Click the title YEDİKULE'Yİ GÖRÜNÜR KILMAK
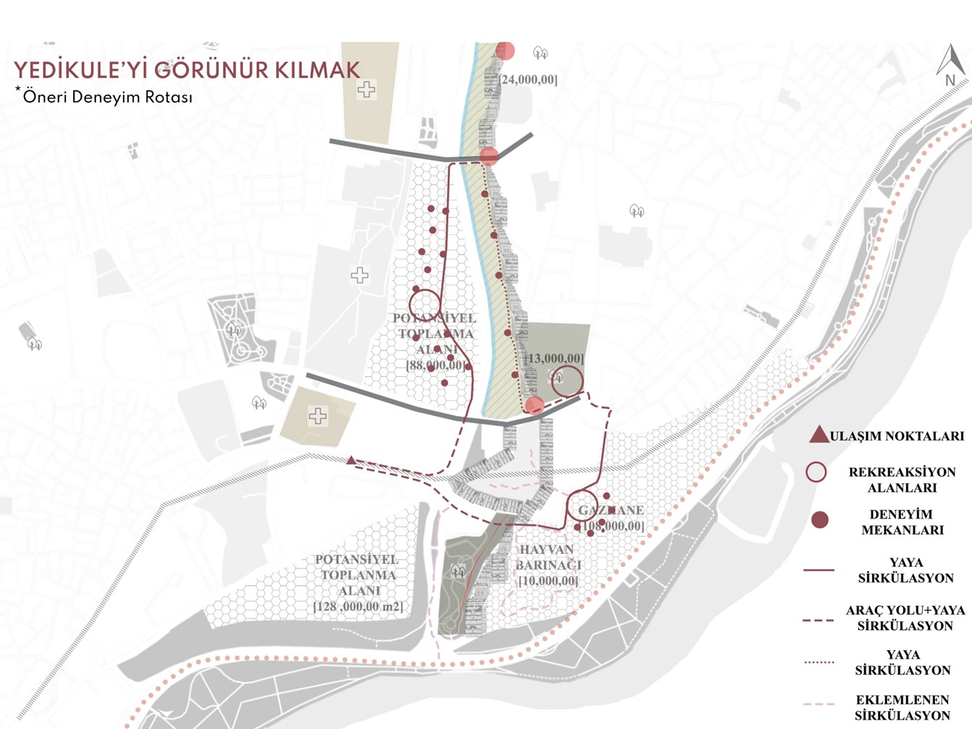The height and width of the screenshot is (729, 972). [x=187, y=70]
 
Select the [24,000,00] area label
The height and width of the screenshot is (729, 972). [x=529, y=80]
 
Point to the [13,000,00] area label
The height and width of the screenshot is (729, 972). [x=554, y=359]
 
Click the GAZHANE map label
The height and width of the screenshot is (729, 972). [x=611, y=510]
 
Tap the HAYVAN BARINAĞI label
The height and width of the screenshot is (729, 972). [x=548, y=557]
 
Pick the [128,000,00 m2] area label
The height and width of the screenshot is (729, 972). [x=359, y=607]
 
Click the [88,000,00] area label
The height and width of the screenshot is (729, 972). [x=435, y=366]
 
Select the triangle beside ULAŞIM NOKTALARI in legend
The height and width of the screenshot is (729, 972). [x=818, y=435]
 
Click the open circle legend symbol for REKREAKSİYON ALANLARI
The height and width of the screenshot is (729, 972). [x=816, y=472]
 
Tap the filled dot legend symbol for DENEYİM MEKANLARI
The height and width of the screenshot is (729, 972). [x=819, y=520]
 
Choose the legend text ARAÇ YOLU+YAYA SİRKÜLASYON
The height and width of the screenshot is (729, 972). [x=905, y=618]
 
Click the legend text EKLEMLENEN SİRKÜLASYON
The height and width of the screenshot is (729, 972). [x=902, y=708]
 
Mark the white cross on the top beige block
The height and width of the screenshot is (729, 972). [x=366, y=90]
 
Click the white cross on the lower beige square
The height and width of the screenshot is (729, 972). [x=317, y=416]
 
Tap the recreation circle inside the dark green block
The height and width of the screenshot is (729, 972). [x=567, y=380]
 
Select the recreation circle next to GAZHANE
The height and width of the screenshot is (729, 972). [x=581, y=506]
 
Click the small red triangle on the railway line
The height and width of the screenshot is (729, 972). [x=351, y=460]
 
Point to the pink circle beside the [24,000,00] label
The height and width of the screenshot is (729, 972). [x=505, y=51]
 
